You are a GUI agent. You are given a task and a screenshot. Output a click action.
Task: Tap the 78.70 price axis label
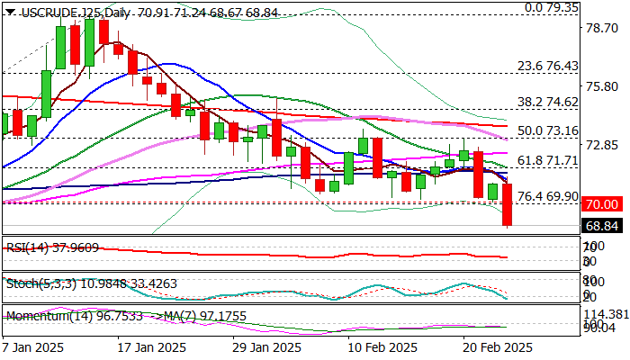click(x=599, y=28)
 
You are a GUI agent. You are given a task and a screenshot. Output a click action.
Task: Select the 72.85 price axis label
click(x=599, y=144)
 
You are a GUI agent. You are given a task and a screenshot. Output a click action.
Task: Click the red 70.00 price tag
click(x=600, y=204)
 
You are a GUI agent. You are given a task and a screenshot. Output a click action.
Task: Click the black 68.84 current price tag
click(x=600, y=225)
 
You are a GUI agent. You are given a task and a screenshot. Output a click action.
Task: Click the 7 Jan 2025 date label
click(x=34, y=346)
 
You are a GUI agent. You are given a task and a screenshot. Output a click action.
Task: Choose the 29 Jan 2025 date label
click(x=266, y=346)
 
